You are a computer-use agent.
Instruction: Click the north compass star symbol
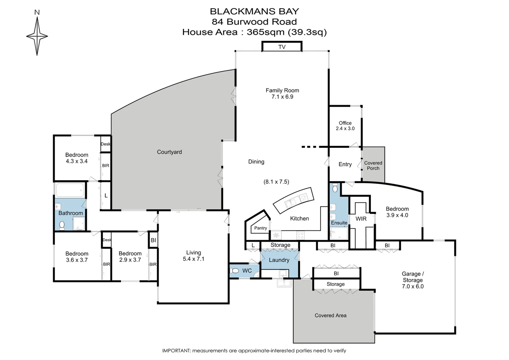37,36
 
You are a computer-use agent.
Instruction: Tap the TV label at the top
282,47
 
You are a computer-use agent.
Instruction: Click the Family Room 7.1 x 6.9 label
282,93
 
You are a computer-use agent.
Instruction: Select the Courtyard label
169,152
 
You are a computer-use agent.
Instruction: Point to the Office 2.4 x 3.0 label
345,126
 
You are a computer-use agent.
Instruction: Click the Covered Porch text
373,166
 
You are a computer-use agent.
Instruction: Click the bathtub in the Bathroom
70,191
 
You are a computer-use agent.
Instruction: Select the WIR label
361,219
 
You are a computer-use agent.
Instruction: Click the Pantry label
260,228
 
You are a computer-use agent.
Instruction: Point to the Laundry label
279,260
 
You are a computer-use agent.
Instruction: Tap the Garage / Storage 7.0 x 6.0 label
413,280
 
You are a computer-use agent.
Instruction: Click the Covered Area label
330,315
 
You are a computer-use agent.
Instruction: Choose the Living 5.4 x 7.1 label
194,256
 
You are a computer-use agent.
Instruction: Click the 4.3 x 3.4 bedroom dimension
77,161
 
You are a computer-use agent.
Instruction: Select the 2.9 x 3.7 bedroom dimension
130,260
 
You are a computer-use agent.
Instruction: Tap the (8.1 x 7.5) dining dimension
276,182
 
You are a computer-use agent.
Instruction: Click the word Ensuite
339,223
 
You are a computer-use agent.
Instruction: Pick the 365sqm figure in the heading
265,32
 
